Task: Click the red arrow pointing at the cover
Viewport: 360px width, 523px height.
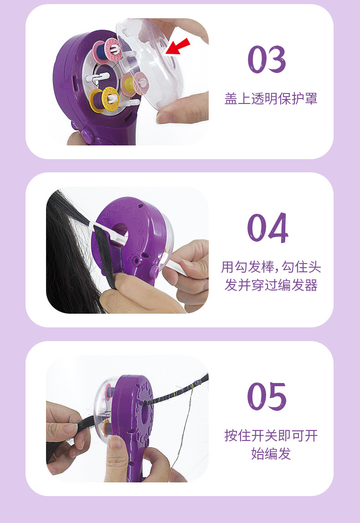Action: click(x=178, y=46)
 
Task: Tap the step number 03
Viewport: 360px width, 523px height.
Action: click(x=267, y=59)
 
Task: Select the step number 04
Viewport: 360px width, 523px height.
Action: click(x=267, y=228)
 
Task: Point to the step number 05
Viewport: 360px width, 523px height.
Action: click(x=267, y=396)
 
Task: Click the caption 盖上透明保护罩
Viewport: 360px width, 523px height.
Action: click(x=271, y=99)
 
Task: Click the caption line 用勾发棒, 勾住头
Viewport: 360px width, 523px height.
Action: click(x=271, y=267)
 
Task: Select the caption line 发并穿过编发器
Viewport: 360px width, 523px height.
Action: click(x=271, y=285)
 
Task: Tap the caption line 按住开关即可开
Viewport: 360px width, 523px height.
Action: click(x=271, y=435)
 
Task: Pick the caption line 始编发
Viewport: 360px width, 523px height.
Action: click(x=271, y=454)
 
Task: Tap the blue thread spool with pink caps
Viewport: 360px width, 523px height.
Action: click(x=106, y=50)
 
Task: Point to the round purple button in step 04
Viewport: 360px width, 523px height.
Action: click(x=154, y=271)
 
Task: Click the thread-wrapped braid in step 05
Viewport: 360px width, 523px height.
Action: click(x=175, y=391)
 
